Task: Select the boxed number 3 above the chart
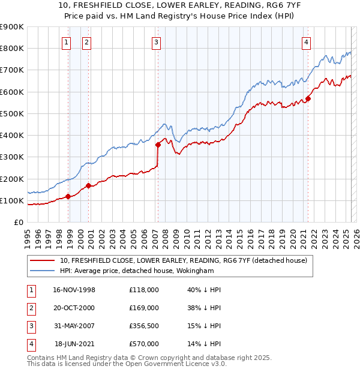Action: [156, 42]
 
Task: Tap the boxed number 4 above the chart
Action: [306, 42]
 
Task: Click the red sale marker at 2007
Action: [158, 145]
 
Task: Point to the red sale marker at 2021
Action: [308, 98]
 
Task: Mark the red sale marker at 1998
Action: [68, 196]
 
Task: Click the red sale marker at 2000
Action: [88, 185]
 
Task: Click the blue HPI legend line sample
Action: [43, 271]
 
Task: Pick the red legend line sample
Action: [43, 260]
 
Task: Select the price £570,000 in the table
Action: [144, 344]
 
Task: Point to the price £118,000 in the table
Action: [144, 290]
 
